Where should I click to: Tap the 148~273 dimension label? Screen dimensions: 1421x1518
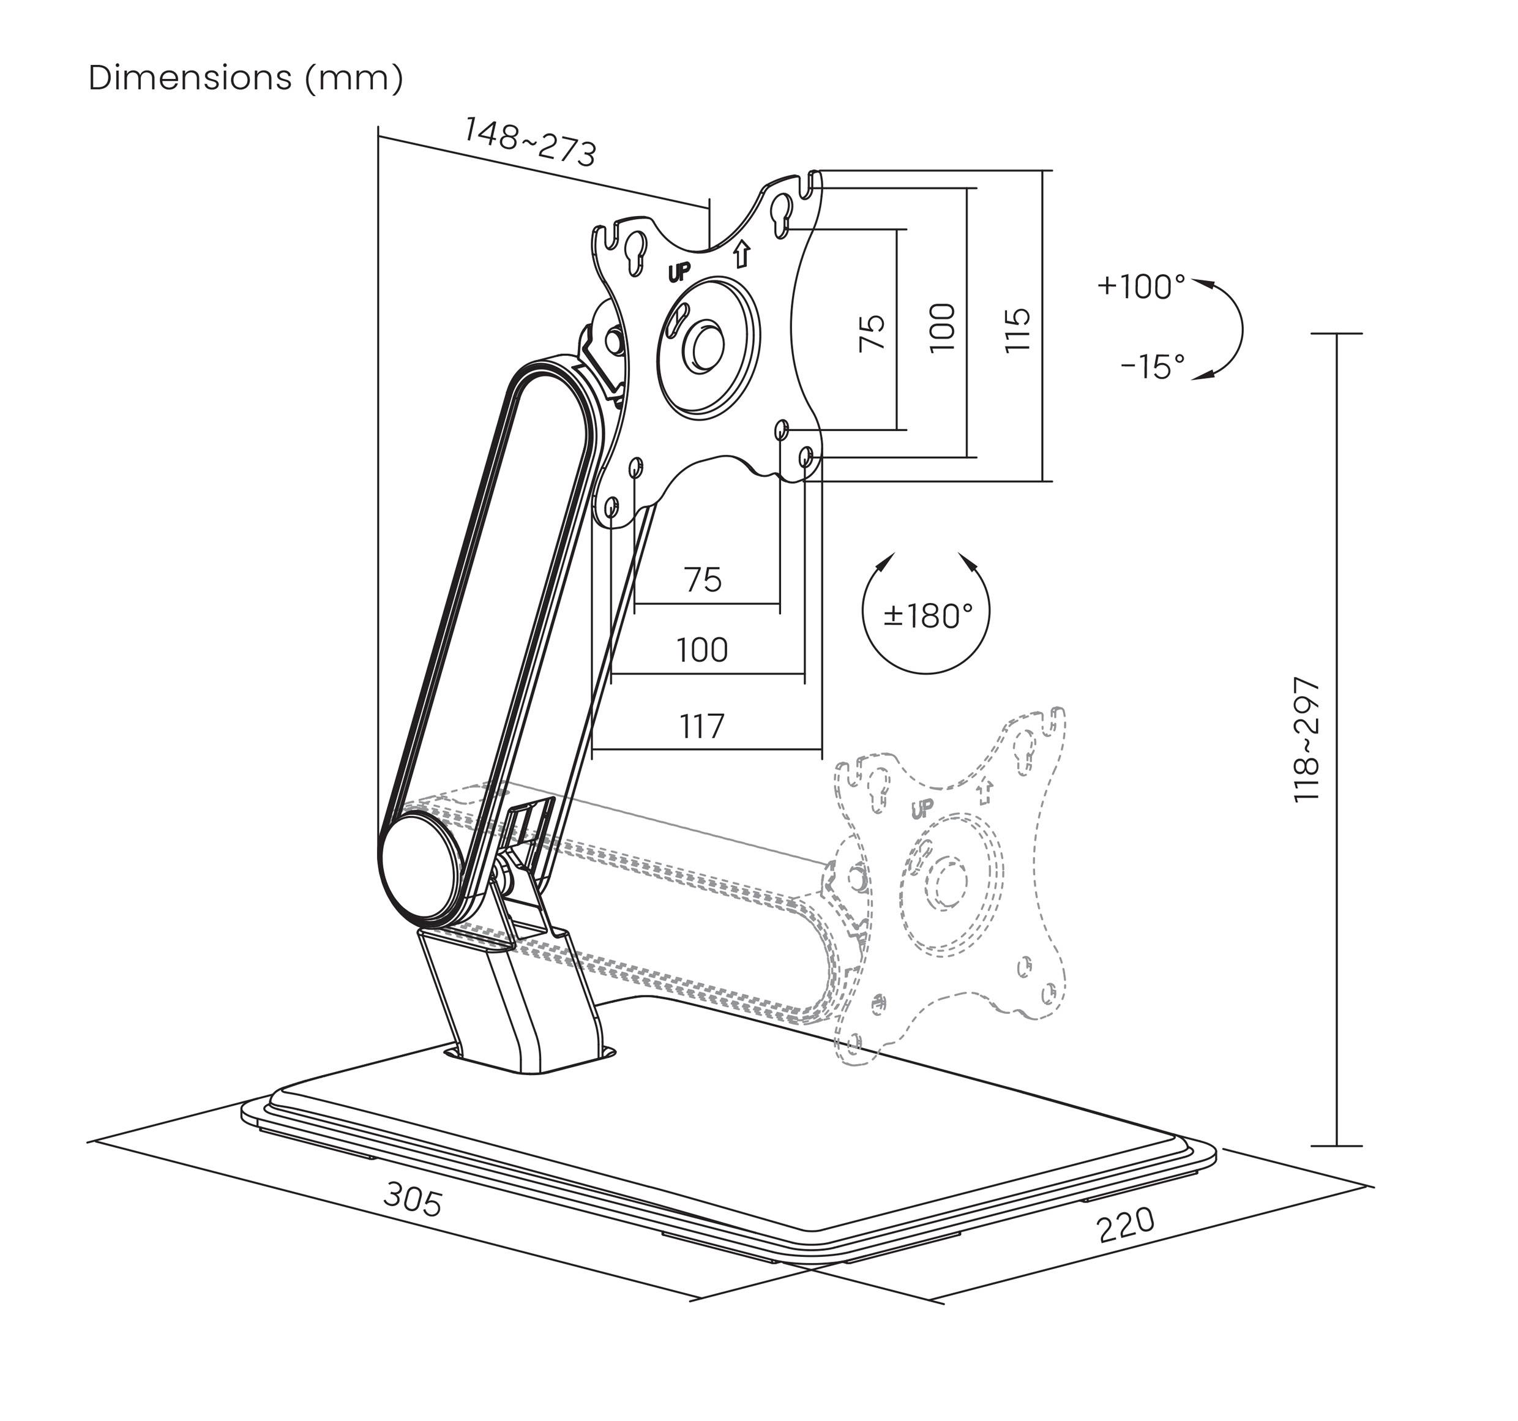pyautogui.click(x=529, y=142)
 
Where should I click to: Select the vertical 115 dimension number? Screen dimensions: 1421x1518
pyautogui.click(x=1017, y=329)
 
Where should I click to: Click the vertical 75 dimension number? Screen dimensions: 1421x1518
pyautogui.click(x=872, y=333)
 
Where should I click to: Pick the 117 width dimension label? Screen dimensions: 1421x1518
pyautogui.click(x=701, y=726)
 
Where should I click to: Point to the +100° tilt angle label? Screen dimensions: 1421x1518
pyautogui.click(x=1141, y=287)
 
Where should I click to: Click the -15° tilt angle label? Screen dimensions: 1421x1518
pyautogui.click(x=1152, y=367)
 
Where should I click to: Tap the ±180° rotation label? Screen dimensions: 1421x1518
pyautogui.click(x=928, y=615)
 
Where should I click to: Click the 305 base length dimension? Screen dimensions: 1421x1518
pyautogui.click(x=413, y=1199)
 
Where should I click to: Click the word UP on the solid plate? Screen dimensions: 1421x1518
pyautogui.click(x=679, y=271)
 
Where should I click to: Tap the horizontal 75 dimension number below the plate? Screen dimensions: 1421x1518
pyautogui.click(x=703, y=580)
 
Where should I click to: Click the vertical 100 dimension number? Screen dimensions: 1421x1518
pyautogui.click(x=943, y=328)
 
